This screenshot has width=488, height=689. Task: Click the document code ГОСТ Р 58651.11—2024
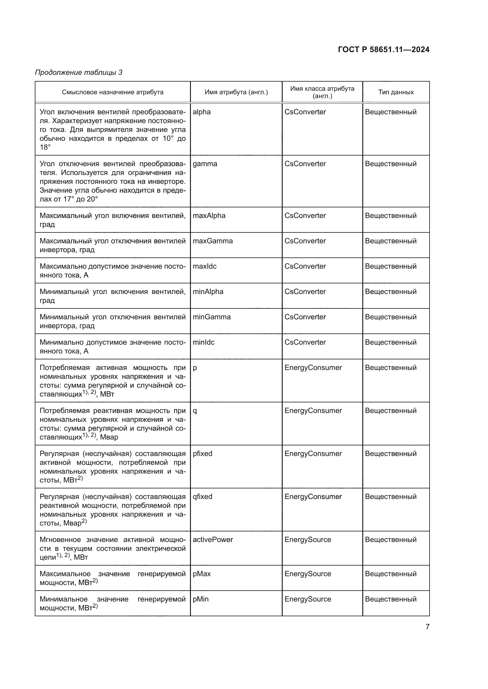384,49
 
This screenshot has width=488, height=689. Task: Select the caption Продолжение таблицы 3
79,72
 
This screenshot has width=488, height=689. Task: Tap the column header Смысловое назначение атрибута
112,92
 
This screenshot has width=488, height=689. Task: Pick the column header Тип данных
396,92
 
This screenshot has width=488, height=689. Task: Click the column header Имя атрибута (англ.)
236,92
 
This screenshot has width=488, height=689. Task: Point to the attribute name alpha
202,112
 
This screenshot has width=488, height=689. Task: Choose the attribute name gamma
205,164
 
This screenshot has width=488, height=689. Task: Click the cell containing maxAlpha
209,216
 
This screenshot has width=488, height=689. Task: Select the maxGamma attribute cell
212,241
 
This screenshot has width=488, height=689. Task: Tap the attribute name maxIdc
204,267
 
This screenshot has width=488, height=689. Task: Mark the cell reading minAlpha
208,292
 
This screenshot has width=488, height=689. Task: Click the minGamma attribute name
212,317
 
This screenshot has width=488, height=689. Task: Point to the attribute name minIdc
204,342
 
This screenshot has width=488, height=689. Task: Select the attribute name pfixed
202,454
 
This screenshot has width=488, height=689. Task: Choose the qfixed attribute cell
202,497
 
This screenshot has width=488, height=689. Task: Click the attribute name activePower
213,540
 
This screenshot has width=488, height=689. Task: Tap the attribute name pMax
202,574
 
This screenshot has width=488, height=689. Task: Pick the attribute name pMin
200,599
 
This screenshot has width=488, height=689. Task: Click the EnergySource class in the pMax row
308,574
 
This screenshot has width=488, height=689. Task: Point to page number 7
427,627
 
